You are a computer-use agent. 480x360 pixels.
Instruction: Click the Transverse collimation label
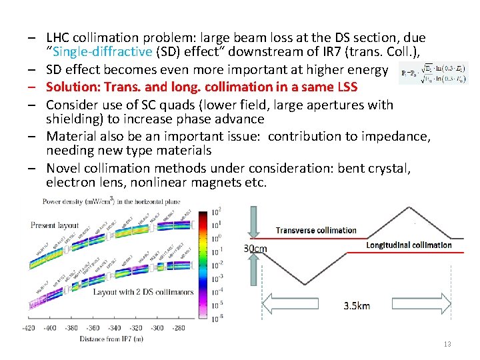point(317,230)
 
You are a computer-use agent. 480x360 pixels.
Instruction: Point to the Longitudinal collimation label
point(409,245)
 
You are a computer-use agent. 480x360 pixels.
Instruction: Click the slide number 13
point(447,343)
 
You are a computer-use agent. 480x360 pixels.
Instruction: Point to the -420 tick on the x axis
point(28,328)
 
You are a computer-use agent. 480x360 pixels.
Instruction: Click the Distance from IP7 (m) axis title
point(102,340)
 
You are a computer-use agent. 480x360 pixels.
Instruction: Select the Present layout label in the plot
point(54,225)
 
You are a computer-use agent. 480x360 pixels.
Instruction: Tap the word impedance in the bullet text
point(398,137)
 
